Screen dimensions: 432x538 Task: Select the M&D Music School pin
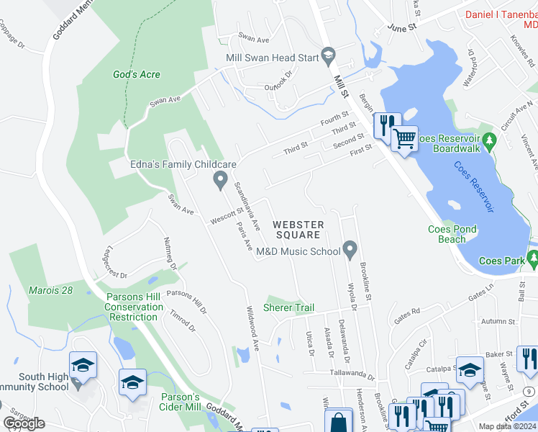[350, 251]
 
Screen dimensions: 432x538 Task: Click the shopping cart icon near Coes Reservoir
[404, 138]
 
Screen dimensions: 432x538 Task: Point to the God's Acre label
[137, 74]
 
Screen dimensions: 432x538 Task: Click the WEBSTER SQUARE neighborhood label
[298, 230]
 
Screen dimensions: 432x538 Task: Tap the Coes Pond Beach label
[452, 234]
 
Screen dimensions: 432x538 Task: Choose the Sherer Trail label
[288, 307]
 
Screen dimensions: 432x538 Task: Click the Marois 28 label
[51, 290]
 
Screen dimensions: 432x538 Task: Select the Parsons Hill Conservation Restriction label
[134, 307]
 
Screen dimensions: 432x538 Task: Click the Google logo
[24, 423]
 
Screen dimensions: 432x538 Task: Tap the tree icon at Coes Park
[532, 258]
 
